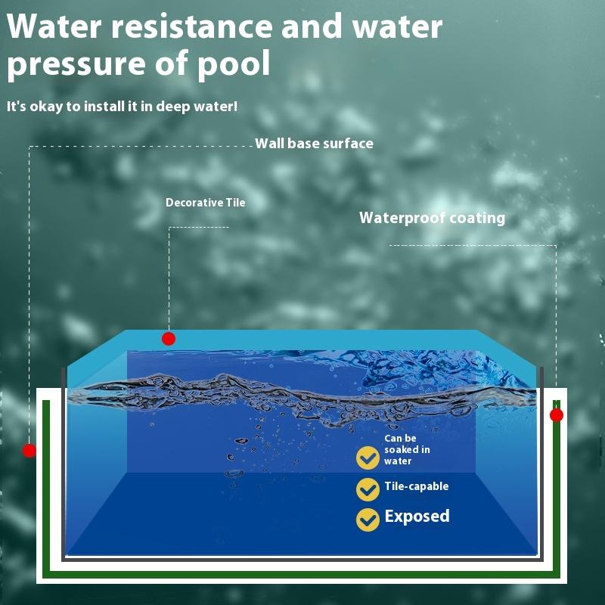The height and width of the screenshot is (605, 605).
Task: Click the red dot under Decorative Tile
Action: pyautogui.click(x=169, y=339)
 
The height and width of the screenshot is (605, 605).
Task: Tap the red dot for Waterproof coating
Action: pyautogui.click(x=557, y=415)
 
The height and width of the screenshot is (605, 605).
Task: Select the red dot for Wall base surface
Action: pyautogui.click(x=29, y=451)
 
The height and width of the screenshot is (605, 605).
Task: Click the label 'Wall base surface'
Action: pyautogui.click(x=314, y=144)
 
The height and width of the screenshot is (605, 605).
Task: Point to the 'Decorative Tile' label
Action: pyautogui.click(x=206, y=203)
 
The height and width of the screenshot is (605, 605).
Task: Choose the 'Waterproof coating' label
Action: pyautogui.click(x=432, y=218)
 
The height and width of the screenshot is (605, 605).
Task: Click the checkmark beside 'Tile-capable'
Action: pyautogui.click(x=368, y=489)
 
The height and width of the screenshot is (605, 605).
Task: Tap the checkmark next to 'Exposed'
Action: pyautogui.click(x=368, y=519)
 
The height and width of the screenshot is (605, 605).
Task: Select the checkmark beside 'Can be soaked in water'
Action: pyautogui.click(x=368, y=458)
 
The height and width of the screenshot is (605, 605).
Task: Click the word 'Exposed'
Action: pyautogui.click(x=417, y=517)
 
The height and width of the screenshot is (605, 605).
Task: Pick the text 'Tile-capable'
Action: pyautogui.click(x=416, y=486)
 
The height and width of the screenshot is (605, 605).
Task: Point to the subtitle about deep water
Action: pyautogui.click(x=122, y=107)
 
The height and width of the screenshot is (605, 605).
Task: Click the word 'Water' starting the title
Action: pyautogui.click(x=52, y=26)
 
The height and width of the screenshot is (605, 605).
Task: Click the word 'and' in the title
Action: pyautogui.click(x=311, y=26)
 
